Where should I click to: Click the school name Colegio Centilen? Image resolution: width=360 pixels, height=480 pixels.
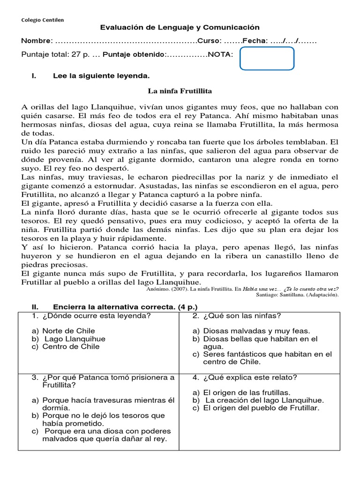(43, 20)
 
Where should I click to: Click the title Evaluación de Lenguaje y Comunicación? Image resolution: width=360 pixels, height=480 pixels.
(180, 28)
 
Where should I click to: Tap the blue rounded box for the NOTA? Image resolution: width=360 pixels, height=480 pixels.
(267, 59)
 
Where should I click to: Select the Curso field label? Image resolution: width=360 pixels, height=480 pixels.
(209, 41)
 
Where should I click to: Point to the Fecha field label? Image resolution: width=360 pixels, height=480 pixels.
(255, 41)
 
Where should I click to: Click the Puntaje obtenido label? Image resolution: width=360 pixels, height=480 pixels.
(134, 55)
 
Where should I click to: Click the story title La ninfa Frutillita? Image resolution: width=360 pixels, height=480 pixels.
(180, 90)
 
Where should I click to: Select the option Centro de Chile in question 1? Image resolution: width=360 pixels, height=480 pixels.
(71, 346)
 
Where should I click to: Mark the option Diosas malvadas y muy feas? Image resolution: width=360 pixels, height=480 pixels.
(251, 331)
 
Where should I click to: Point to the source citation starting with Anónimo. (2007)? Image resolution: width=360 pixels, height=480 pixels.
(239, 289)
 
